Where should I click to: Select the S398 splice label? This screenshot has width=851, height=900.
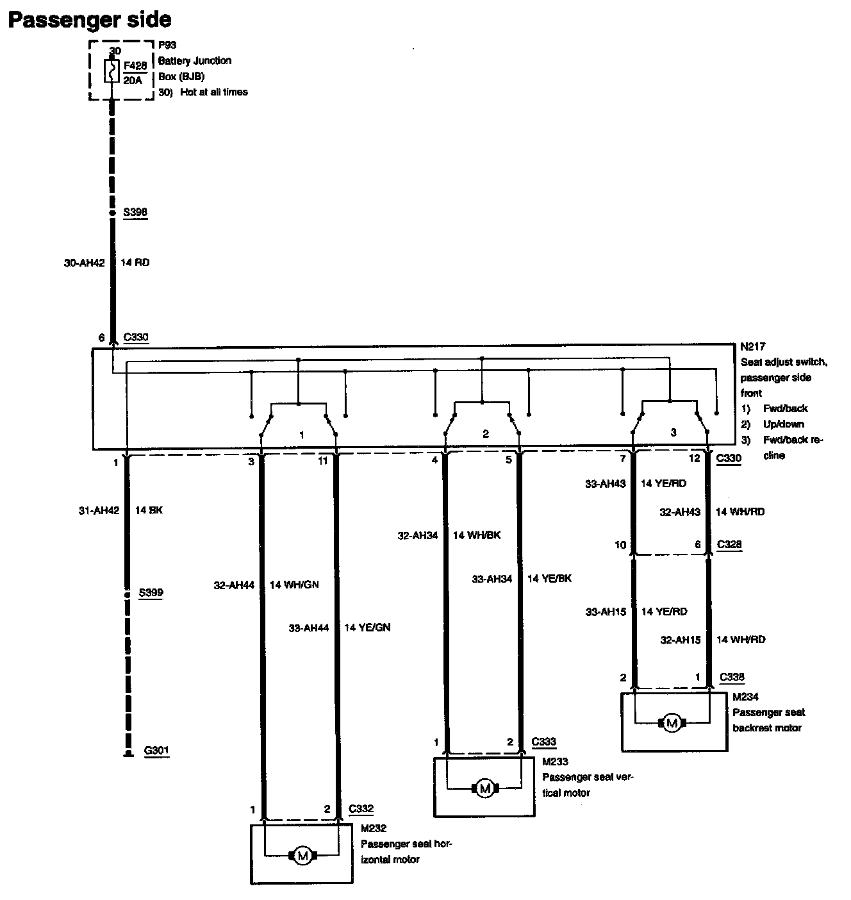pos(136,212)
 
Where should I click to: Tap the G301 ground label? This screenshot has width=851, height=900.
pos(156,751)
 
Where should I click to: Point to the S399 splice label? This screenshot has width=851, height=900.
pos(151,593)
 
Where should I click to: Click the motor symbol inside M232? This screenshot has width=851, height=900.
pos(302,855)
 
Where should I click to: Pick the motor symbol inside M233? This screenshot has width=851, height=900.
pos(485,788)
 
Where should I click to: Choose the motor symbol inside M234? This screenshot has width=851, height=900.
pos(671,723)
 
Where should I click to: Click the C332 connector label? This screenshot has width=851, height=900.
pos(361,809)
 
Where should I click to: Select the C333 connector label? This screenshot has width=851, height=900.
pos(544,742)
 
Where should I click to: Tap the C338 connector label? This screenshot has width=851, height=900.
pos(732,677)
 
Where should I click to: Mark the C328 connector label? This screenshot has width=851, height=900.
pos(729,544)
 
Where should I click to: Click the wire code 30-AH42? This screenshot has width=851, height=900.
pos(84,262)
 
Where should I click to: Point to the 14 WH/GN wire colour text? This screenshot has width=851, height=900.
pos(294,585)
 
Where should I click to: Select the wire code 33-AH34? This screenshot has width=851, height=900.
pos(492,578)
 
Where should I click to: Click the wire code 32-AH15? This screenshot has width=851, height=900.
pos(680,639)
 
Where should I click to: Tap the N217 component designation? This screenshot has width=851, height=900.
pos(752,346)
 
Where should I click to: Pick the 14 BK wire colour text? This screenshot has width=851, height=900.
pos(149,510)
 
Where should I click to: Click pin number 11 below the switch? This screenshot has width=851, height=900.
pos(323,461)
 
